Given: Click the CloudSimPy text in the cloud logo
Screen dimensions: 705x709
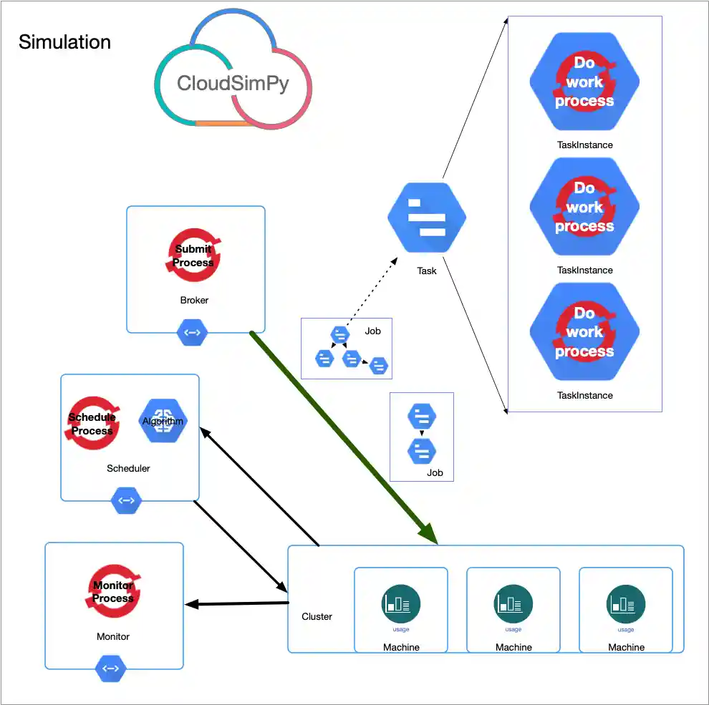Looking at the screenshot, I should click(233, 84).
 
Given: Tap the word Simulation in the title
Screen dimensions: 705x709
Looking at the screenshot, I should click(64, 42).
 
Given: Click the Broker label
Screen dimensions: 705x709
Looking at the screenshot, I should click(194, 300).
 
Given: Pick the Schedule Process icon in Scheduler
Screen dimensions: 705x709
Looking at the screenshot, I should click(92, 424).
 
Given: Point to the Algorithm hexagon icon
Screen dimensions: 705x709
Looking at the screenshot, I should click(163, 421).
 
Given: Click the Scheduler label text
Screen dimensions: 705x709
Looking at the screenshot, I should click(128, 468).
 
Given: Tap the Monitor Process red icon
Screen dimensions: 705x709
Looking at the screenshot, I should click(113, 592).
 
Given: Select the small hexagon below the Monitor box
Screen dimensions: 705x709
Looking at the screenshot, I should click(111, 669).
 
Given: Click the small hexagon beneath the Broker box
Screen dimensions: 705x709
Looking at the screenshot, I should click(193, 333).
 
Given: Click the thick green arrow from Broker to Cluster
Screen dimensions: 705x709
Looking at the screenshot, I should click(344, 437).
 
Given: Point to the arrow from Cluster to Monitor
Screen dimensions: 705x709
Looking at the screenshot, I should click(236, 604).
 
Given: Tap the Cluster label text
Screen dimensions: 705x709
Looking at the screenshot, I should click(317, 616).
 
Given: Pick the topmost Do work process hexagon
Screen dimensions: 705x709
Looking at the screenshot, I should click(584, 82).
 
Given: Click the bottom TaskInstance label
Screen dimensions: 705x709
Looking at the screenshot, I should click(585, 395).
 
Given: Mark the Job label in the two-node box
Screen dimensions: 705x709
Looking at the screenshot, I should click(435, 472).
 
